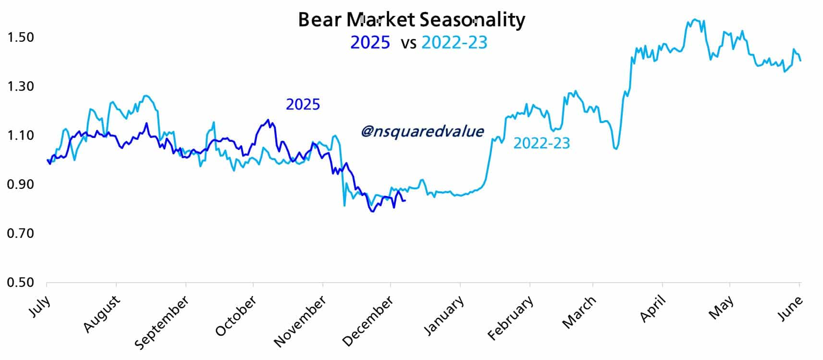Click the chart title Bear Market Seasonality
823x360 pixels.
(411, 20)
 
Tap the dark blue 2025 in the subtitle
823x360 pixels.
(370, 43)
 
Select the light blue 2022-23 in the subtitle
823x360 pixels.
(454, 43)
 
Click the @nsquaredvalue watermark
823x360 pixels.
(422, 131)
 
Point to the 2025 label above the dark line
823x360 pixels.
(303, 104)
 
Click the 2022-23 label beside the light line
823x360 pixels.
(541, 143)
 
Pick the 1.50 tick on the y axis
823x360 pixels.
(21, 37)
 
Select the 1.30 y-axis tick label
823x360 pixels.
(21, 87)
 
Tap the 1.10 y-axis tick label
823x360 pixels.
(21, 136)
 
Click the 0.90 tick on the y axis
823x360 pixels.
(21, 185)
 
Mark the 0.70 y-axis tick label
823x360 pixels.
(21, 234)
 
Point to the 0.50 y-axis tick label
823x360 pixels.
(21, 283)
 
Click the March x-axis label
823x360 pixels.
(579, 312)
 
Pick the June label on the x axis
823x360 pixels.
(790, 308)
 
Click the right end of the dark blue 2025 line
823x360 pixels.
(405, 200)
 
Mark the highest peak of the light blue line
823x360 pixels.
(695, 19)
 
